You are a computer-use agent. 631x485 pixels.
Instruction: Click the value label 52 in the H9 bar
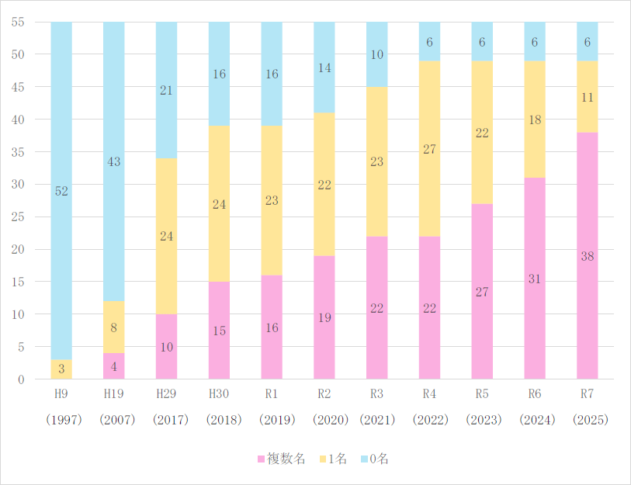pyautogui.click(x=61, y=191)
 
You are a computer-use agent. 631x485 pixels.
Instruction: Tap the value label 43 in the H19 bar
pyautogui.click(x=114, y=162)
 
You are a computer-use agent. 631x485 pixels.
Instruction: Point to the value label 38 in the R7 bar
pyautogui.click(x=588, y=257)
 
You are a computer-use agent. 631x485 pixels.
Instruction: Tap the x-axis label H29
pyautogui.click(x=166, y=394)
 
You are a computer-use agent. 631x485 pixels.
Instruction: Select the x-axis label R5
pyautogui.click(x=482, y=394)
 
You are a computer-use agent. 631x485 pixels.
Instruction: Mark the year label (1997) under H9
pyautogui.click(x=61, y=420)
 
